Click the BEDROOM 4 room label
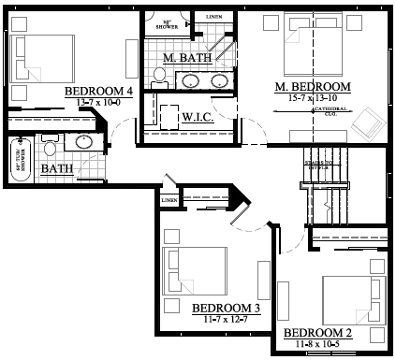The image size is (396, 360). coord(97,91)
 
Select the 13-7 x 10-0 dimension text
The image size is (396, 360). coord(97,101)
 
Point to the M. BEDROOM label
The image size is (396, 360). coord(313,87)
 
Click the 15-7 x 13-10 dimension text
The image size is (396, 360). coord(313,98)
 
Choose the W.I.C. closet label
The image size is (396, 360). coord(199,118)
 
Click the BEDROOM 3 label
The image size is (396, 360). coord(225,309)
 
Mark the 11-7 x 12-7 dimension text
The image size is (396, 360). coord(225,320)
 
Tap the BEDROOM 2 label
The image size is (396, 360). coord(317,333)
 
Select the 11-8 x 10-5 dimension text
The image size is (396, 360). coord(317,344)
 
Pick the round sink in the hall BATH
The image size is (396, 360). coord(82,143)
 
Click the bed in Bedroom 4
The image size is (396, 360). coord(47,57)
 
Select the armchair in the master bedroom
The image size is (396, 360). coord(366,122)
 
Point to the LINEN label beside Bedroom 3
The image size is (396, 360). coord(169,200)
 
